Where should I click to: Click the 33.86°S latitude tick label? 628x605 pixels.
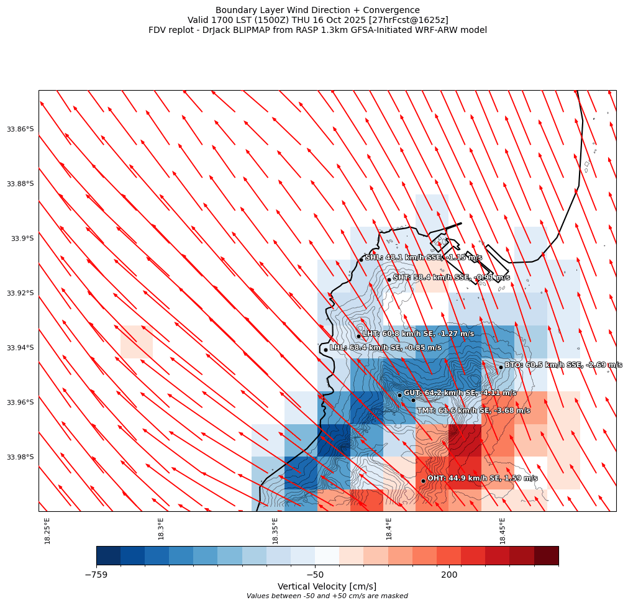pyautogui.click(x=20, y=129)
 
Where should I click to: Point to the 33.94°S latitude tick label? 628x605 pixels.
pyautogui.click(x=20, y=348)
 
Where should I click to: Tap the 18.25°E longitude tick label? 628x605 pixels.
pyautogui.click(x=47, y=530)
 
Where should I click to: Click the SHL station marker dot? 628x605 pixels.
pyautogui.click(x=361, y=260)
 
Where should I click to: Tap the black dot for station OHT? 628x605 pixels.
pyautogui.click(x=423, y=481)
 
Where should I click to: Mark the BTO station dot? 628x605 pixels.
pyautogui.click(x=501, y=367)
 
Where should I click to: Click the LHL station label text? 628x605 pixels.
pyautogui.click(x=385, y=348)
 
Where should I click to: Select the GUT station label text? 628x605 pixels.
pyautogui.click(x=460, y=393)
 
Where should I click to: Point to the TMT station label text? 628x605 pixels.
pyautogui.click(x=473, y=411)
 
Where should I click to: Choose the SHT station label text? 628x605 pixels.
pyautogui.click(x=451, y=278)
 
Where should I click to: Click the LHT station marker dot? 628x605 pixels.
pyautogui.click(x=358, y=336)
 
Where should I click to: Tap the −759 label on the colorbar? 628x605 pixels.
pyautogui.click(x=96, y=575)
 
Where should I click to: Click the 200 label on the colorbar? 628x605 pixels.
pyautogui.click(x=449, y=575)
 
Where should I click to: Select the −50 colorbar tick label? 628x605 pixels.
pyautogui.click(x=315, y=575)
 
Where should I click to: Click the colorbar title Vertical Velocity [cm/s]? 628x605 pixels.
pyautogui.click(x=327, y=586)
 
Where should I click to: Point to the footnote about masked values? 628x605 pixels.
pyautogui.click(x=327, y=596)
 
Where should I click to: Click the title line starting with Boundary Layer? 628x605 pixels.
pyautogui.click(x=317, y=10)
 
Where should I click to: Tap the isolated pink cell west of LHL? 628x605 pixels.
pyautogui.click(x=137, y=342)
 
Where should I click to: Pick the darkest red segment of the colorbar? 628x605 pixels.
pyautogui.click(x=546, y=555)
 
